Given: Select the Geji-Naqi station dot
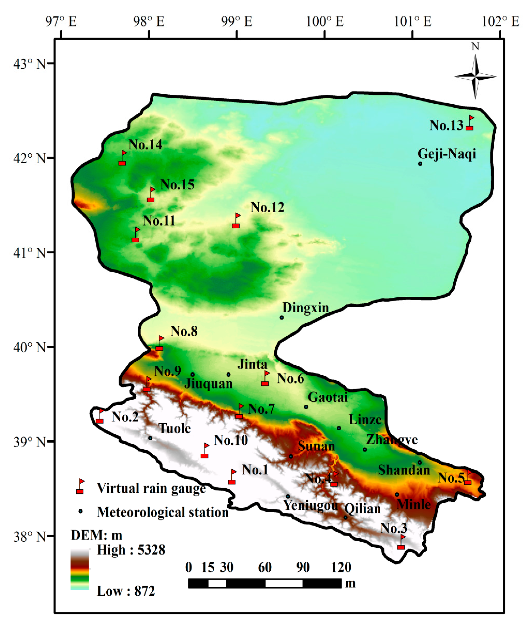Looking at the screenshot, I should click(x=420, y=164).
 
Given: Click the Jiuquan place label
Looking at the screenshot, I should click(x=208, y=383).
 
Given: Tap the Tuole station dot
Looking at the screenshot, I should click(x=150, y=438).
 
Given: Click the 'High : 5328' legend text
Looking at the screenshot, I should click(x=131, y=550).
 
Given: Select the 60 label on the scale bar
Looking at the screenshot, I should click(x=265, y=567).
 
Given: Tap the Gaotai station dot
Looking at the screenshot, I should click(x=306, y=407).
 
